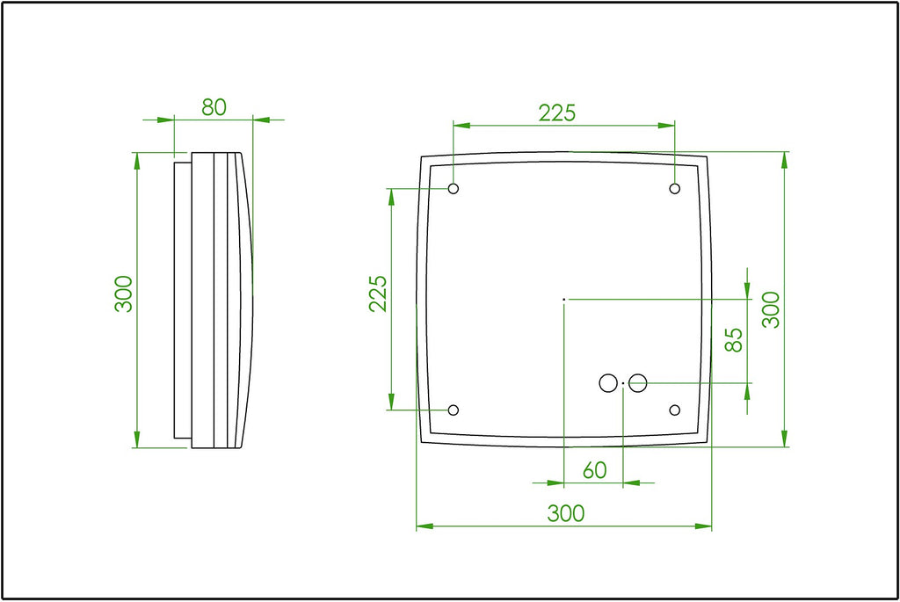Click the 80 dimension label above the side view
tap(214, 107)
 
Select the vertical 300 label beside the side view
tap(123, 294)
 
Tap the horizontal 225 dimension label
tap(557, 113)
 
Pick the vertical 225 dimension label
tap(378, 294)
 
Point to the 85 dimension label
tap(734, 340)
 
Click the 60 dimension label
tap(595, 470)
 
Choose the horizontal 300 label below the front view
tap(565, 513)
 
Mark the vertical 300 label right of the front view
tap(771, 310)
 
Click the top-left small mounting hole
tap(454, 189)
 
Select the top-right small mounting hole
tap(675, 189)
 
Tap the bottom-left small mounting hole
tap(454, 410)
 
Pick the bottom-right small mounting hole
tap(675, 410)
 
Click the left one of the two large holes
tap(607, 383)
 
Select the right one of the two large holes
tap(638, 383)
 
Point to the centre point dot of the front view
tap(563, 300)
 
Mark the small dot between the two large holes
tap(623, 384)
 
